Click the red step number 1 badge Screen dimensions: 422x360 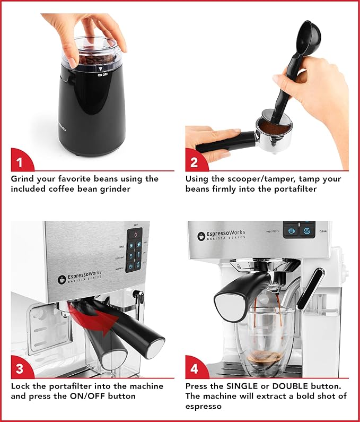[x=20, y=160]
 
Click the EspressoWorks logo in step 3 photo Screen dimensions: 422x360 [x=80, y=279]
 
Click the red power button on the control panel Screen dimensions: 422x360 [x=135, y=234]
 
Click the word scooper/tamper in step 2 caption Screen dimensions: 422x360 [x=256, y=179]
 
